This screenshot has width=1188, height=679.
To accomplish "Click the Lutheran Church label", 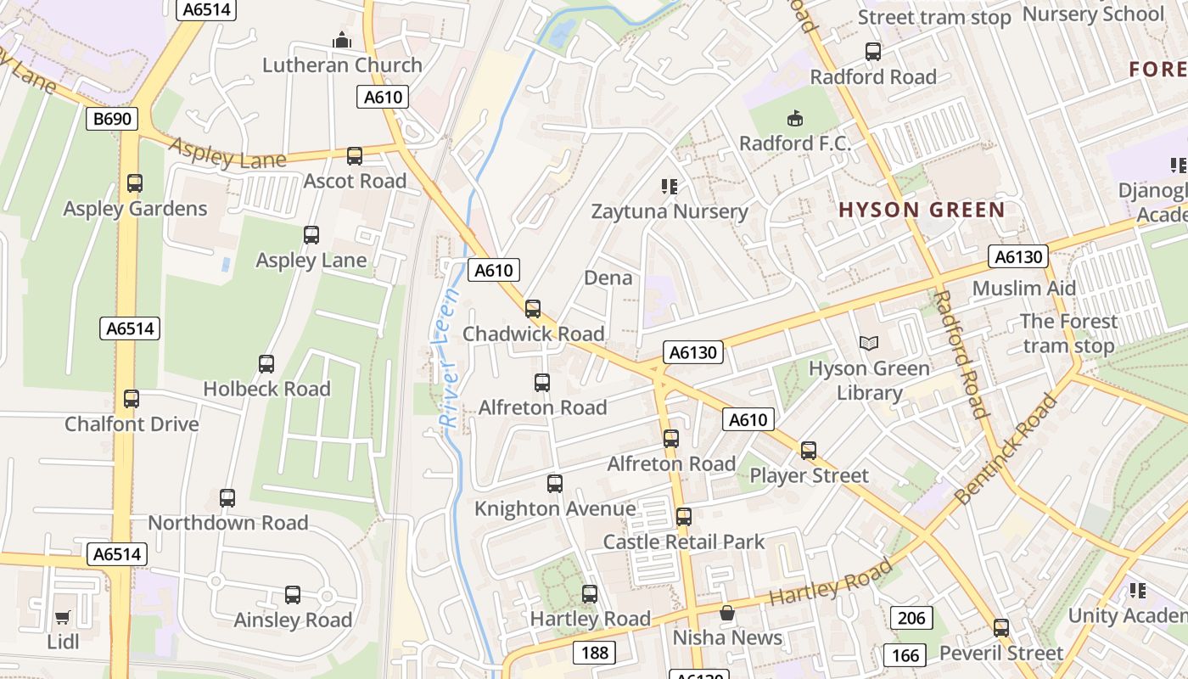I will [x=342, y=65].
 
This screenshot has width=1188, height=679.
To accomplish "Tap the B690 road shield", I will [x=112, y=119].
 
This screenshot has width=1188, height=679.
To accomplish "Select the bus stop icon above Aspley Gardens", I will [x=134, y=182].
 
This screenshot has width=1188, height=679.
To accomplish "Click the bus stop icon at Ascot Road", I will [x=355, y=156].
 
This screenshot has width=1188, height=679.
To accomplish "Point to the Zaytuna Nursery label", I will [x=670, y=211].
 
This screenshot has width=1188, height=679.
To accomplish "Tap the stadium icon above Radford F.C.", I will [x=795, y=118].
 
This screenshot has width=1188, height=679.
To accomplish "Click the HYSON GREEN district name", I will [x=922, y=210].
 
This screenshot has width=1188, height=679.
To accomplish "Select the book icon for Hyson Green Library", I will [x=869, y=344].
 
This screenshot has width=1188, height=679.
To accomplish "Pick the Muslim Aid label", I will [x=1023, y=288].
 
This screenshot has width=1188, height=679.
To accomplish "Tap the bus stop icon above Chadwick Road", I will [x=533, y=309].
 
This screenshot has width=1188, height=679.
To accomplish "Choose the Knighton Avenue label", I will [x=555, y=508].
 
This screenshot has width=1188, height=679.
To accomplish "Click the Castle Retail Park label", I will [x=683, y=542].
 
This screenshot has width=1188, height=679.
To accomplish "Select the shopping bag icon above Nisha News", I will [x=727, y=613].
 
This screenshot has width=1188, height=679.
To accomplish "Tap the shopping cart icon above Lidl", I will [x=62, y=617].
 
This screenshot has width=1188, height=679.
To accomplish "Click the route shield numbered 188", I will [x=594, y=652].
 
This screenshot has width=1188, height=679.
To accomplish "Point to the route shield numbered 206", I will [x=911, y=618].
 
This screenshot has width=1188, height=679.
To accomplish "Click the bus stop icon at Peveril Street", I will [x=1001, y=628].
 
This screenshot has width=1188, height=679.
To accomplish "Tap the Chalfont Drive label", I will [x=132, y=424].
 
